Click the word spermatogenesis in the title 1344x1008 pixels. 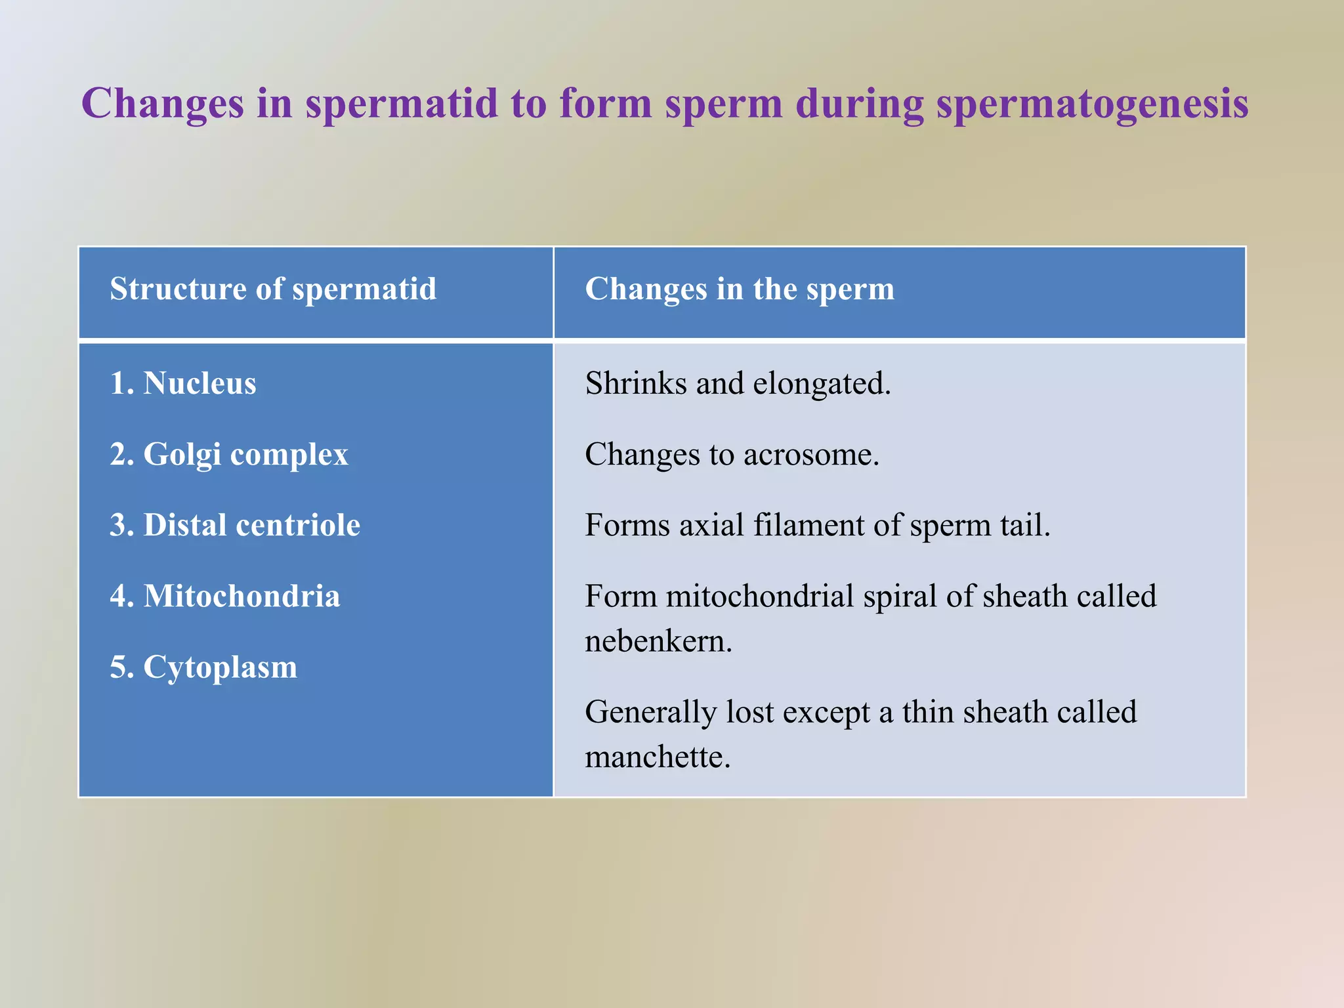coord(1092,104)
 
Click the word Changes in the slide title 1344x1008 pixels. coord(162,104)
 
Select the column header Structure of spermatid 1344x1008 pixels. coord(273,289)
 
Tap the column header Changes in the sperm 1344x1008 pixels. coord(740,289)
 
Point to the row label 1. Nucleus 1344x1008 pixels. coord(183,383)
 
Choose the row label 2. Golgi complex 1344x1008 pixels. coord(229,454)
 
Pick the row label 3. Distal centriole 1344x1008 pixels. coord(235,525)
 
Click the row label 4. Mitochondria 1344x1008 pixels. coord(225,596)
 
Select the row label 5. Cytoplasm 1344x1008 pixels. coord(203,667)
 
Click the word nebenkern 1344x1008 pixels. coord(658,641)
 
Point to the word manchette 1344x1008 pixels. coord(657,757)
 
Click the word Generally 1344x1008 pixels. coord(650,713)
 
